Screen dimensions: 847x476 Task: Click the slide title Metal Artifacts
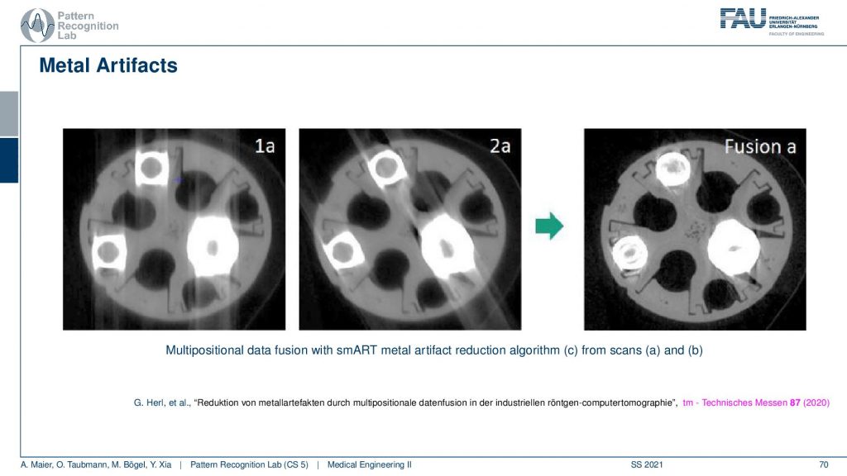(x=108, y=65)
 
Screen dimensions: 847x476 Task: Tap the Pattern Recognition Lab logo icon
(x=37, y=26)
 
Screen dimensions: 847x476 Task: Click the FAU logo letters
(x=743, y=18)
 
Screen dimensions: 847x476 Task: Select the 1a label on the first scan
(x=265, y=145)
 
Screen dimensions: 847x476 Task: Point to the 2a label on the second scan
(x=500, y=145)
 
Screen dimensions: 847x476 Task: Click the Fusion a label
(x=760, y=147)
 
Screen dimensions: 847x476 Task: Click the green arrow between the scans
(x=549, y=226)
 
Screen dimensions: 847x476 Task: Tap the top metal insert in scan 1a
(x=151, y=169)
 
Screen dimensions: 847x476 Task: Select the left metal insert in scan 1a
(x=108, y=252)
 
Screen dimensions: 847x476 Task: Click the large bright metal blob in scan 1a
(x=213, y=246)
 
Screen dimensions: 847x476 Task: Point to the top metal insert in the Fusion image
(x=673, y=169)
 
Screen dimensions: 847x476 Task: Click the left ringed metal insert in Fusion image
(x=629, y=254)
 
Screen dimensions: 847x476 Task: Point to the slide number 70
(x=823, y=464)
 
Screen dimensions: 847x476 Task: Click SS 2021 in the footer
(x=647, y=464)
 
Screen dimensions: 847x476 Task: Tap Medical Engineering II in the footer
(x=370, y=464)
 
